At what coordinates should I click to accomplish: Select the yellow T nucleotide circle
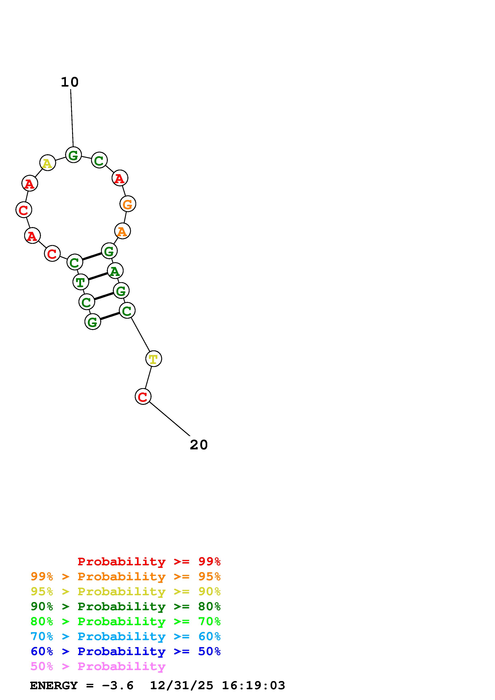tap(153, 359)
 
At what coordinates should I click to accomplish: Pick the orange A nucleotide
tap(122, 231)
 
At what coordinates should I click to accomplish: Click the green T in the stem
tap(80, 282)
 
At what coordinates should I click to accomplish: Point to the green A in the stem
tap(115, 271)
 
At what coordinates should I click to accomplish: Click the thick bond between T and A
tap(98, 276)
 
